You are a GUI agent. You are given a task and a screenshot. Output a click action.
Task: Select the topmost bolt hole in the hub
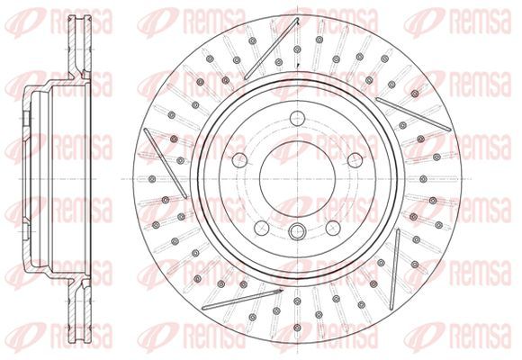coord(297,118)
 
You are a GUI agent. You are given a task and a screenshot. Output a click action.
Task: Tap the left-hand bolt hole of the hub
coord(239,160)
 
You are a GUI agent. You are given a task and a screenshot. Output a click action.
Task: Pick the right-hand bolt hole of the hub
coord(355,160)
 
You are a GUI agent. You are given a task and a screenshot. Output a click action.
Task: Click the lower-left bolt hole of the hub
coord(262,228)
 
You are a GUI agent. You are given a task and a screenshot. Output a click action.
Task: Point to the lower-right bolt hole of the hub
coord(333,228)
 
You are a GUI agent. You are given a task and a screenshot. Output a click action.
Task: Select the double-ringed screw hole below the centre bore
coord(297,231)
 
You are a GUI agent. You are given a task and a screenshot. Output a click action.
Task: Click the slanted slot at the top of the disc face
coord(271,49)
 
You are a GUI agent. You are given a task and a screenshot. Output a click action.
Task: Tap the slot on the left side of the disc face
coord(165,163)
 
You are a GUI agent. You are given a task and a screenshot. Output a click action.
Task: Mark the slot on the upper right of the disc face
coord(413,114)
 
